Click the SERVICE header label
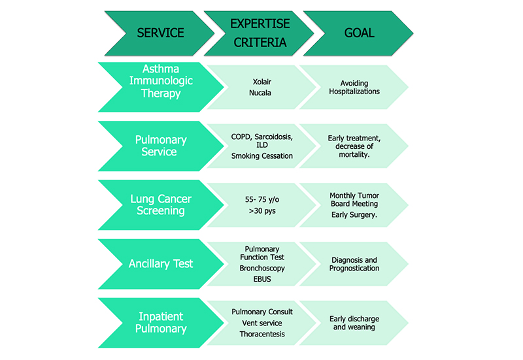pyautogui.click(x=160, y=33)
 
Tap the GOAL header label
pyautogui.click(x=359, y=33)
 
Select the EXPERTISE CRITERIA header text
pyautogui.click(x=260, y=33)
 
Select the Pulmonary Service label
pyautogui.click(x=161, y=146)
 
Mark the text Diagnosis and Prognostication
pyautogui.click(x=355, y=264)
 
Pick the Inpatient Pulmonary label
pyautogui.click(x=161, y=323)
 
